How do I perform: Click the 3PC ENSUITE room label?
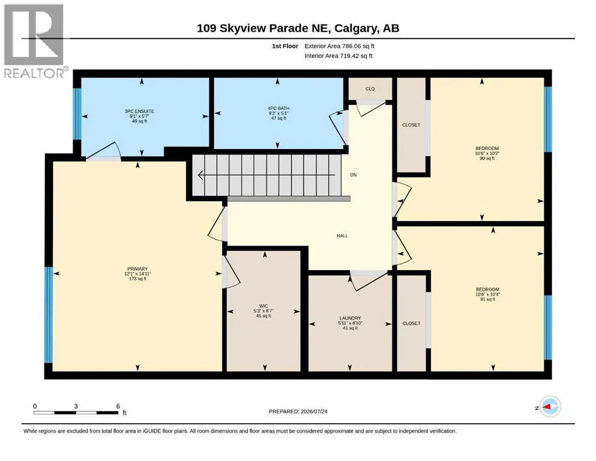tap(139, 112)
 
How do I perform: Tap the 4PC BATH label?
tap(278, 108)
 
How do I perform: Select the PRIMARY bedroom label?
tap(137, 269)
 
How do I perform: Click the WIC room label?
tap(263, 306)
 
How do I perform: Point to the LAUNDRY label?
tap(350, 318)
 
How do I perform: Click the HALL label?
tap(342, 236)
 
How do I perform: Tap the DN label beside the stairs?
tap(354, 175)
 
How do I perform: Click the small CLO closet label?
tap(370, 89)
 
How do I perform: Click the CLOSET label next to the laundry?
tap(411, 324)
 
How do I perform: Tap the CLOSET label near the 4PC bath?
tap(411, 125)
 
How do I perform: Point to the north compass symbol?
tap(550, 406)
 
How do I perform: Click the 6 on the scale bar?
tap(118, 406)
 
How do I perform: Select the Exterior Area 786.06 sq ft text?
tap(340, 46)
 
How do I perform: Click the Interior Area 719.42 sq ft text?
tap(339, 56)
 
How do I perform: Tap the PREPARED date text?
tap(298, 411)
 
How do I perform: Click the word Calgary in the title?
tap(357, 28)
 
